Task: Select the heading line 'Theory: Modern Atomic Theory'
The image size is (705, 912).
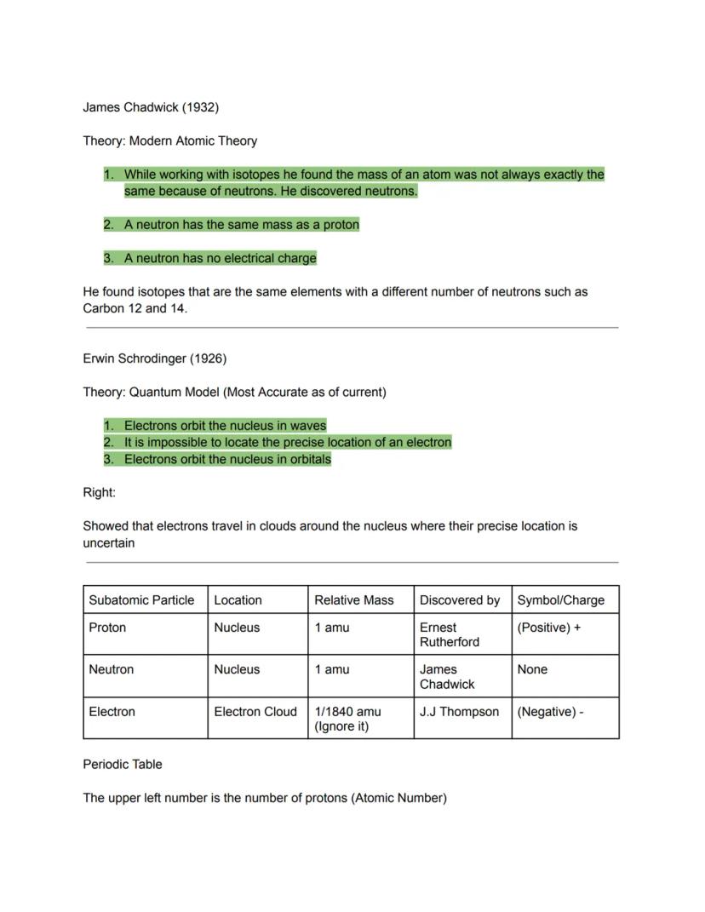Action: click(x=169, y=141)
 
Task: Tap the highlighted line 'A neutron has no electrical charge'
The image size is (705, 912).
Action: click(x=220, y=258)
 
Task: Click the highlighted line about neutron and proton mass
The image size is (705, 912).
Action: click(x=241, y=225)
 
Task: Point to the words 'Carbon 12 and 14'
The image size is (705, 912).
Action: click(x=134, y=308)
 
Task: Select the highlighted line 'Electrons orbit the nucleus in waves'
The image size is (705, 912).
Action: click(x=225, y=425)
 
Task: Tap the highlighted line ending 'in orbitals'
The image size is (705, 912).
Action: click(x=227, y=459)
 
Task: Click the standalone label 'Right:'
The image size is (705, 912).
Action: click(x=99, y=492)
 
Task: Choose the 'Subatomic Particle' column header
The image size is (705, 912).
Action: click(x=141, y=599)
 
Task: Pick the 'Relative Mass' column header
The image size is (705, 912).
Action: click(x=353, y=599)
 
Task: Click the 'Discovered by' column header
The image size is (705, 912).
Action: click(x=459, y=599)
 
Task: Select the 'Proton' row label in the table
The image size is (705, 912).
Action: click(x=107, y=628)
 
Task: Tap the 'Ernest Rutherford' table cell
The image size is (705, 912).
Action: click(x=449, y=634)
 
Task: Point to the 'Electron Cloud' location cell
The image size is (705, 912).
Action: click(x=255, y=712)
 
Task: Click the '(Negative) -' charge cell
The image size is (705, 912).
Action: click(x=550, y=712)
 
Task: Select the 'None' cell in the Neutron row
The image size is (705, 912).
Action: click(x=532, y=669)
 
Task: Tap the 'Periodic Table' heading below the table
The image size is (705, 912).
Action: click(x=123, y=764)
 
